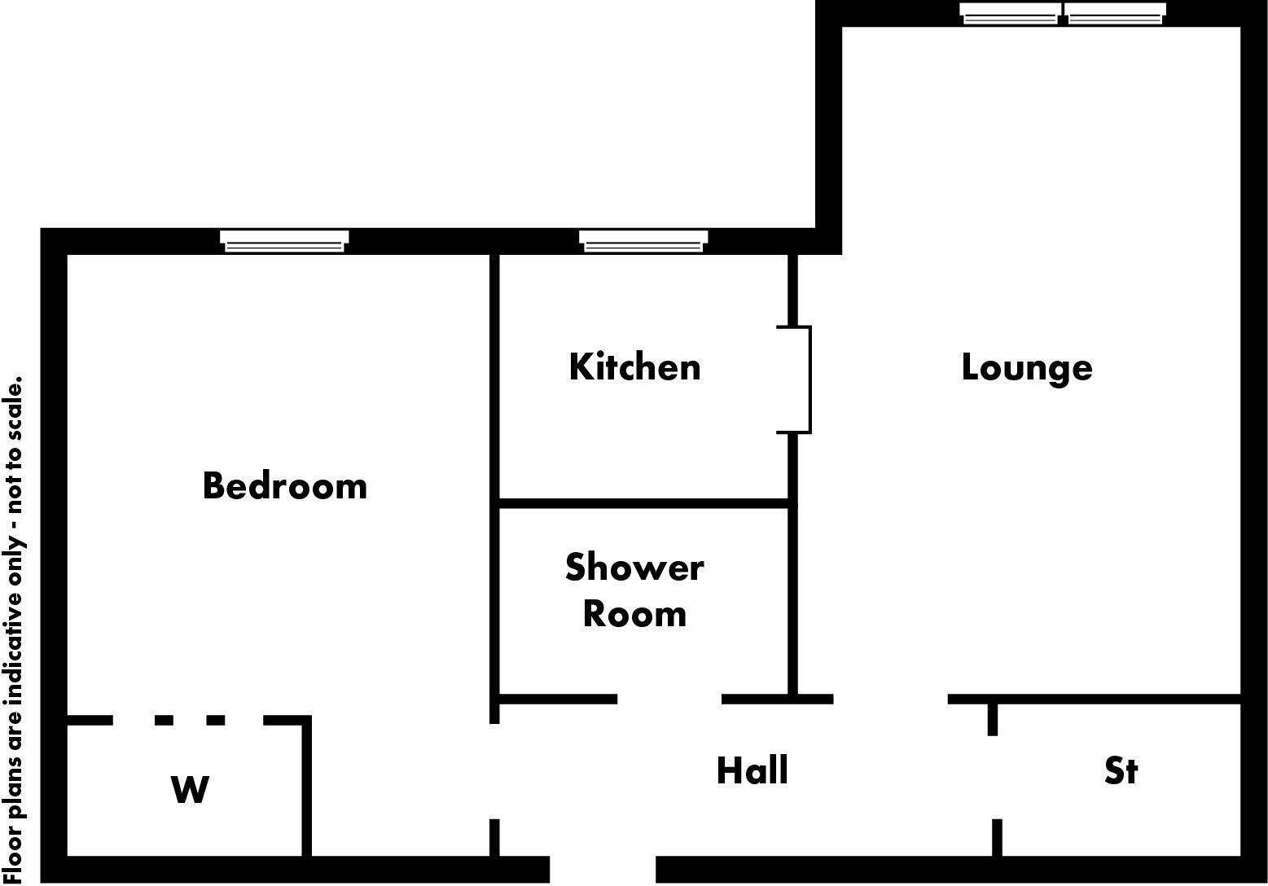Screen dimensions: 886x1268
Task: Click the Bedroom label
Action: tap(284, 486)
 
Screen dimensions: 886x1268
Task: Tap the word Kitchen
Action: tap(634, 367)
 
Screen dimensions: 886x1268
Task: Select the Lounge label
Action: tap(1026, 367)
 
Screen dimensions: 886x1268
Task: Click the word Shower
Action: tap(634, 568)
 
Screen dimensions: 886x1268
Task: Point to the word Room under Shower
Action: tap(634, 614)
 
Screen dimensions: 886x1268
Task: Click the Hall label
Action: tap(752, 770)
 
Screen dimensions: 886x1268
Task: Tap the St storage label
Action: tap(1121, 770)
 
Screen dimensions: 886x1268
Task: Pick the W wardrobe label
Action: tap(190, 789)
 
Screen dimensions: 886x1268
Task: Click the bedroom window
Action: tap(284, 241)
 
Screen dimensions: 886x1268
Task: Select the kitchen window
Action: tap(643, 241)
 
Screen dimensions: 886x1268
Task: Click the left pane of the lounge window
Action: tap(1011, 13)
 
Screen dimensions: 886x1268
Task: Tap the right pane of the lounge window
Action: tap(1115, 13)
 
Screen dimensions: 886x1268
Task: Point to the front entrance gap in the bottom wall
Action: tap(603, 869)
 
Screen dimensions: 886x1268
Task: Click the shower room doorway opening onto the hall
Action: tap(669, 699)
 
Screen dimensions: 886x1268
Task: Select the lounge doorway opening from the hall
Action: tap(890, 699)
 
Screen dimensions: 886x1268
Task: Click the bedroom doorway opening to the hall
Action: tap(494, 770)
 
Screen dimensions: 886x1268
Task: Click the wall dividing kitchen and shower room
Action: tap(643, 504)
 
